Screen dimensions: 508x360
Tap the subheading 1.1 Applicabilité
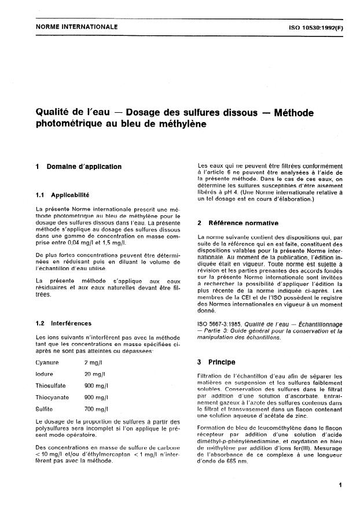point(65,195)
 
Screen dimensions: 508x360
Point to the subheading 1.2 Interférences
point(64,323)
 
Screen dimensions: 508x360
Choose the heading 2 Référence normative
point(238,223)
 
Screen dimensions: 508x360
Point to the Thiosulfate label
point(52,385)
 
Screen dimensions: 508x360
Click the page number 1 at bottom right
point(341,485)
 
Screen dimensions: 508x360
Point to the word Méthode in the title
point(296,112)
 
